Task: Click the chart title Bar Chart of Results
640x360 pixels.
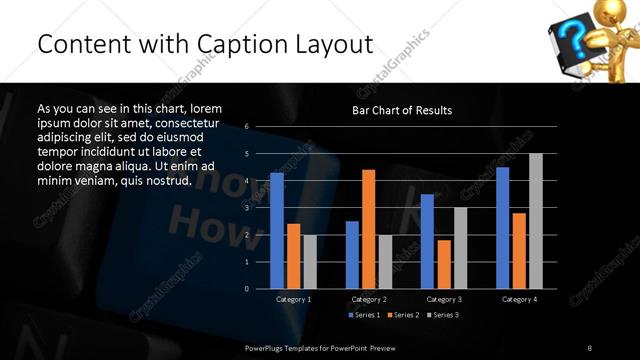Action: tap(402, 110)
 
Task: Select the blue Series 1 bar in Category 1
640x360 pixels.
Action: tap(277, 230)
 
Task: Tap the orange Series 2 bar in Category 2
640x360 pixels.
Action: tap(369, 228)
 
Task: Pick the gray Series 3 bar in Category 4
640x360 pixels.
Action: tap(535, 220)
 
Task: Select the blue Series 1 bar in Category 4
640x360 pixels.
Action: tap(502, 227)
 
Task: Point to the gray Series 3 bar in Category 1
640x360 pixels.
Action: tap(310, 261)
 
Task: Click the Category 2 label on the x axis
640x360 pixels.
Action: tap(369, 299)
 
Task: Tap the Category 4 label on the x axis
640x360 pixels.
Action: tap(518, 299)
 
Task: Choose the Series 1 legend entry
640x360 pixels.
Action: tap(365, 315)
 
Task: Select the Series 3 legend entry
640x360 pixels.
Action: tap(443, 315)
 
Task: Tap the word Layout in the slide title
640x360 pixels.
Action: tap(327, 45)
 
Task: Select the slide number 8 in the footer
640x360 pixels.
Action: tap(590, 347)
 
